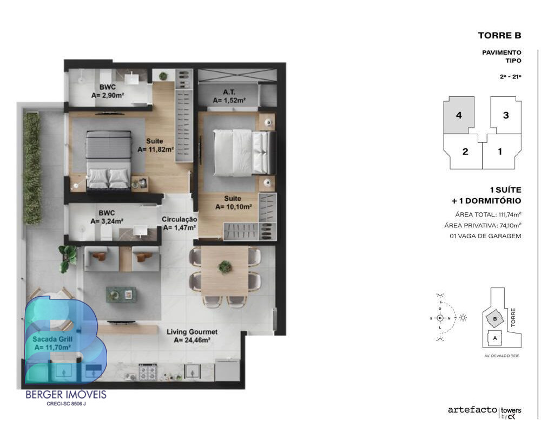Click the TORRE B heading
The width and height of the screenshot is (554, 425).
499,35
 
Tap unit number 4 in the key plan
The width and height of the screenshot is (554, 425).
459,115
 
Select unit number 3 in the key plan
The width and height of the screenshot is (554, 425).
506,115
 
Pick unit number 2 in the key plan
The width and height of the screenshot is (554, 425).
465,152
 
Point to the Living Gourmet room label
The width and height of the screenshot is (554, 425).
192,336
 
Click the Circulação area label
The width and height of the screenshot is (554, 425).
180,224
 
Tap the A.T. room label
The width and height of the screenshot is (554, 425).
229,96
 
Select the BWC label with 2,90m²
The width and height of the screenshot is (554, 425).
108,91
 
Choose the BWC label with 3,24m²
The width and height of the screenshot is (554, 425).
107,217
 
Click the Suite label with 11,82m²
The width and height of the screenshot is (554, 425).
155,145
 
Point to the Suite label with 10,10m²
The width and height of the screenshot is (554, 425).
233,202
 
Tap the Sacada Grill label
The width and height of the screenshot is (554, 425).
52,343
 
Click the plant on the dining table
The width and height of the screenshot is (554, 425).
225,266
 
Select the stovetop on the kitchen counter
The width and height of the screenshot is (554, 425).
147,371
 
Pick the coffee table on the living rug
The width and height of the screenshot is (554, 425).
121,295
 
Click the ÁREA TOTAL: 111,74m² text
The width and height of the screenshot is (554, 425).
488,214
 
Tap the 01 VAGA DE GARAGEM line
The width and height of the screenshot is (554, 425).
485,236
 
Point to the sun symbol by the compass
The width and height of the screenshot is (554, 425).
463,317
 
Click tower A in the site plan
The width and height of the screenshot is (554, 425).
495,338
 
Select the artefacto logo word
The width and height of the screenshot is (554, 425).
472,410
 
